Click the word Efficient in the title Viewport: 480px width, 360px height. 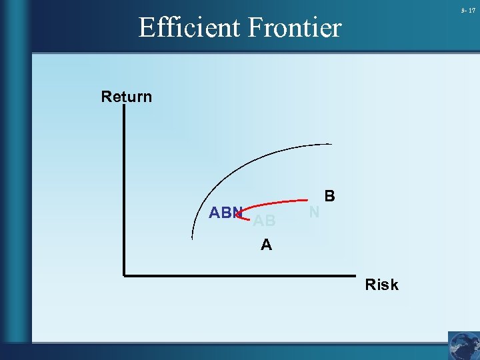click(x=191, y=28)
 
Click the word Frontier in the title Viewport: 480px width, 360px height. click(x=295, y=28)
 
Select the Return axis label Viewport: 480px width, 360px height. click(x=127, y=97)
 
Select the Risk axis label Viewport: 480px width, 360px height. click(x=381, y=285)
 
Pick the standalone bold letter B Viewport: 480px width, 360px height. click(x=329, y=197)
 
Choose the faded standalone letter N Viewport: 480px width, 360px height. click(x=314, y=212)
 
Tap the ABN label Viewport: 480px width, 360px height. click(x=225, y=213)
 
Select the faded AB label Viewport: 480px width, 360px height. click(x=264, y=221)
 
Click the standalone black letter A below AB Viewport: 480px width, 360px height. click(x=266, y=245)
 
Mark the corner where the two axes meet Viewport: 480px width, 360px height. click(x=124, y=274)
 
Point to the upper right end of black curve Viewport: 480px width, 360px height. click(x=331, y=144)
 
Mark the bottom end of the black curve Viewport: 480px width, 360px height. click(x=193, y=238)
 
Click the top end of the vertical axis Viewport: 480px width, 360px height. click(x=124, y=107)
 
